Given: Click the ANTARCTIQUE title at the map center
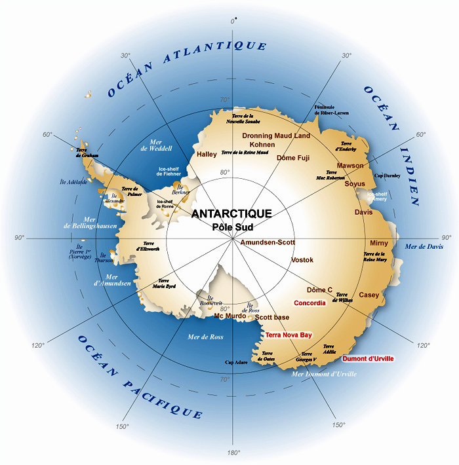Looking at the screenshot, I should pos(231,214).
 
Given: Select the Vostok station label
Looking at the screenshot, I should pos(302,260).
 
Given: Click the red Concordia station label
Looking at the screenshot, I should pos(309,303).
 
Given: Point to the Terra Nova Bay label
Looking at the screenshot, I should pos(289,335).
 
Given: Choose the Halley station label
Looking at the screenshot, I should pos(207,155).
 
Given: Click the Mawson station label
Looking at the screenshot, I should pos(350,166).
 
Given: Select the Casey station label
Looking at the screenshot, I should pos(369,295).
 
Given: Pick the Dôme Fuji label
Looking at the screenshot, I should pos(293,158).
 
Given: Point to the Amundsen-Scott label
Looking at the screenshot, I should pos(268,242).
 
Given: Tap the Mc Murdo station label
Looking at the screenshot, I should pos(230,316).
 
